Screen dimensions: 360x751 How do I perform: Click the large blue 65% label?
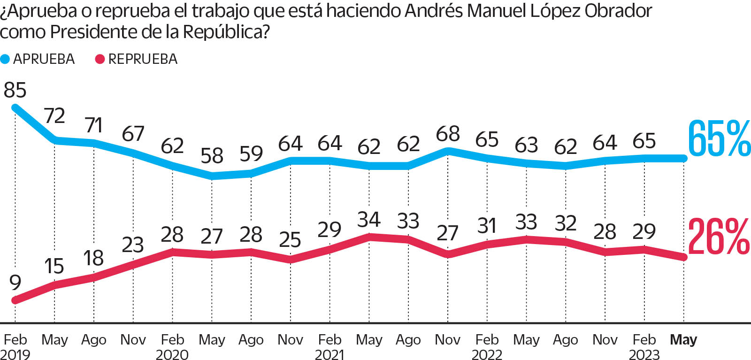719,138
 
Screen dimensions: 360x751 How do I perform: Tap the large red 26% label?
719,237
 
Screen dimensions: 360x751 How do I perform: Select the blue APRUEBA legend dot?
5,59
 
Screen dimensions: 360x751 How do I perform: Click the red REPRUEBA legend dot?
100,59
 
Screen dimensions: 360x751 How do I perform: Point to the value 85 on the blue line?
15,90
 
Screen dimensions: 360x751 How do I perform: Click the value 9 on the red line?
15,283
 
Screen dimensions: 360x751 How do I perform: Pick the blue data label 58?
212,156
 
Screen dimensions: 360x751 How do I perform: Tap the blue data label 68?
448,134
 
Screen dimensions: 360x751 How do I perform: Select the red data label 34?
369,219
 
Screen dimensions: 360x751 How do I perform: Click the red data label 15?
54,266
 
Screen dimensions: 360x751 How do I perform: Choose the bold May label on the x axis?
683,339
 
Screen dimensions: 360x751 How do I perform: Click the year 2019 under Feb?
15,354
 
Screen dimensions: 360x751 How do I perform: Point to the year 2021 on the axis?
330,354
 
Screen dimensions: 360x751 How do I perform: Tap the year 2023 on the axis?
644,354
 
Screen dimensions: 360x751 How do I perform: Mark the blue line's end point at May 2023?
683,159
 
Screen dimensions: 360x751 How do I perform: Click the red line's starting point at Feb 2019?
15,300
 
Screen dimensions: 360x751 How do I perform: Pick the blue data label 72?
54,115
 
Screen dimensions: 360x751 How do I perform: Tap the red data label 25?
290,240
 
